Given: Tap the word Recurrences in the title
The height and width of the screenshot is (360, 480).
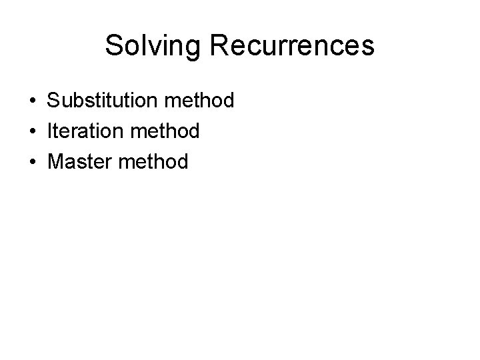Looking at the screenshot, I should tap(285, 46).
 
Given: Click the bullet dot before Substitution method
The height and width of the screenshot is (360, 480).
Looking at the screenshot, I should tap(32, 101).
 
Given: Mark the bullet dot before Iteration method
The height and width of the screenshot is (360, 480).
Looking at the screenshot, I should tap(32, 131).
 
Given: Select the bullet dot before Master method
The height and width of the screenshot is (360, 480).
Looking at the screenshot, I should tap(32, 161).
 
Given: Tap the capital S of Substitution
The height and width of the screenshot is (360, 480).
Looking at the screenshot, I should tap(53, 101).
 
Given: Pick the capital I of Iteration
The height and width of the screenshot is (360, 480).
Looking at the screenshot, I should tap(49, 131).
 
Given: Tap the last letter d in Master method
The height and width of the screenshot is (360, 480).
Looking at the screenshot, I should tap(182, 161).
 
